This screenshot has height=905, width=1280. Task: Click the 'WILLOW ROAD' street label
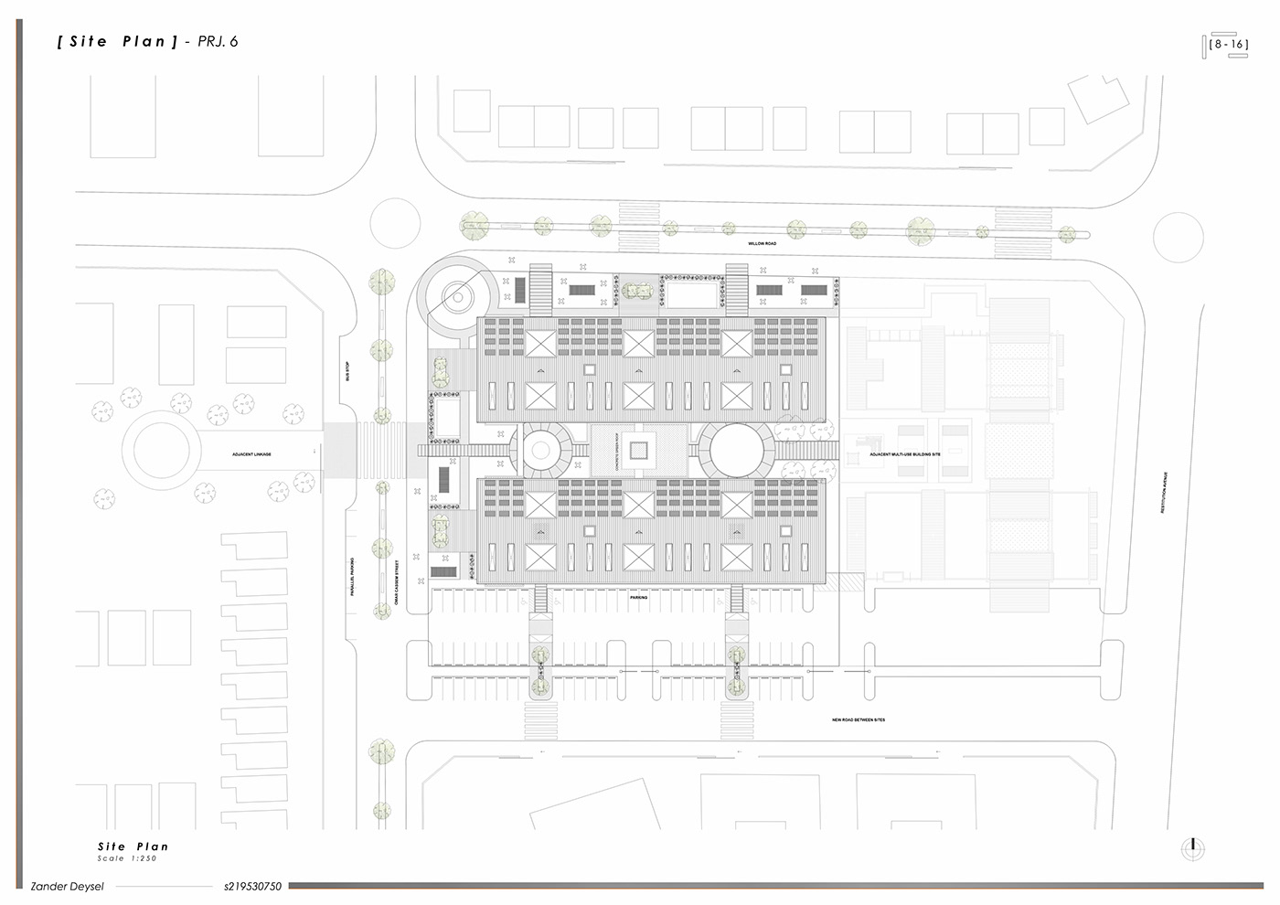click(762, 244)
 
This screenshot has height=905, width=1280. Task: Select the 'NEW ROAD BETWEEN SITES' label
click(858, 720)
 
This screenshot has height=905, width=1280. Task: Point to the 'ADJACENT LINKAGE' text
click(251, 454)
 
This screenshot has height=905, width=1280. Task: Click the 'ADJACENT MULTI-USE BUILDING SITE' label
click(904, 454)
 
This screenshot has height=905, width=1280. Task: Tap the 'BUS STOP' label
click(347, 371)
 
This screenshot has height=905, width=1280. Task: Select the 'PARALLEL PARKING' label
click(352, 577)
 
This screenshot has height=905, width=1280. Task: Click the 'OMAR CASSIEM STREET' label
click(397, 583)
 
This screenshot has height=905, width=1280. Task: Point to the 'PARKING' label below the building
click(638, 597)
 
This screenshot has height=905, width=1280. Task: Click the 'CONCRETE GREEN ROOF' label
click(618, 450)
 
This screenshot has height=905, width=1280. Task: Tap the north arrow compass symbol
click(1192, 848)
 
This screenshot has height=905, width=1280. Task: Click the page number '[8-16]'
click(1227, 44)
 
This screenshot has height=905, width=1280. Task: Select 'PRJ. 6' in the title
click(218, 41)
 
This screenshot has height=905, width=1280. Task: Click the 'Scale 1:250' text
click(127, 858)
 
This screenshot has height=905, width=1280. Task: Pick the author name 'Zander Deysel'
click(68, 886)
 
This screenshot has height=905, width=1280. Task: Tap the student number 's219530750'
click(252, 886)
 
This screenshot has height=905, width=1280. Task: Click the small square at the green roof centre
click(638, 450)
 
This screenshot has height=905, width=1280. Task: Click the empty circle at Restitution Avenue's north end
click(1178, 238)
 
